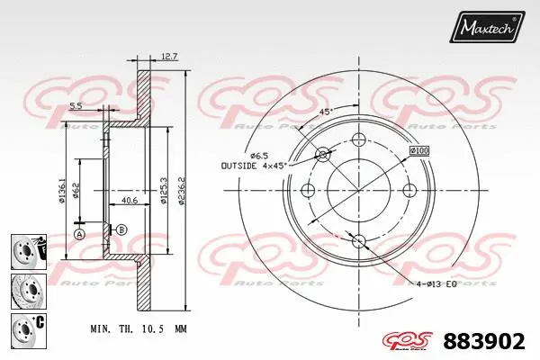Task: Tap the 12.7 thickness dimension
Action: (168, 57)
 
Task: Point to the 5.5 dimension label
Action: (77, 106)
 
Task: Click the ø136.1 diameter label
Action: (62, 188)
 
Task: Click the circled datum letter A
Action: (79, 235)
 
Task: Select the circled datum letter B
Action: (121, 229)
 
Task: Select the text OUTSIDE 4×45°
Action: (253, 166)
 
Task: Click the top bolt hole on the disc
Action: (359, 139)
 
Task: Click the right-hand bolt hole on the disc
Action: (409, 190)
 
